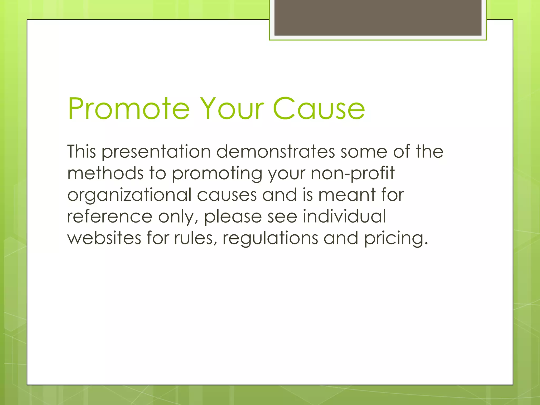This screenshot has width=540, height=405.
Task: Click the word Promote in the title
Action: pyautogui.click(x=129, y=109)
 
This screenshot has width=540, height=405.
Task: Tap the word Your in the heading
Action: pyautogui.click(x=232, y=109)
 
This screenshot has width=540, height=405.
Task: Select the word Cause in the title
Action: pyautogui.click(x=319, y=109)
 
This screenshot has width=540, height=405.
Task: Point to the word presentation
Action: pyautogui.click(x=156, y=152)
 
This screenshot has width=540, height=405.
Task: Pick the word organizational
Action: pyautogui.click(x=129, y=195)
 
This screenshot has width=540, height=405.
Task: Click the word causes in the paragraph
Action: pyautogui.click(x=227, y=195)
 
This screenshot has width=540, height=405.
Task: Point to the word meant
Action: pyautogui.click(x=347, y=195)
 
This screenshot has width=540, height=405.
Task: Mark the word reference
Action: pyautogui.click(x=110, y=216)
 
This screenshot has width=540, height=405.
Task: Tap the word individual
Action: pyautogui.click(x=344, y=216)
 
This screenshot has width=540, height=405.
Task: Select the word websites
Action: pyautogui.click(x=104, y=238)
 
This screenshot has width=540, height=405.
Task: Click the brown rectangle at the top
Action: pyautogui.click(x=378, y=18)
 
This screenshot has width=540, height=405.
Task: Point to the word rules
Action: pyautogui.click(x=195, y=238)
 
